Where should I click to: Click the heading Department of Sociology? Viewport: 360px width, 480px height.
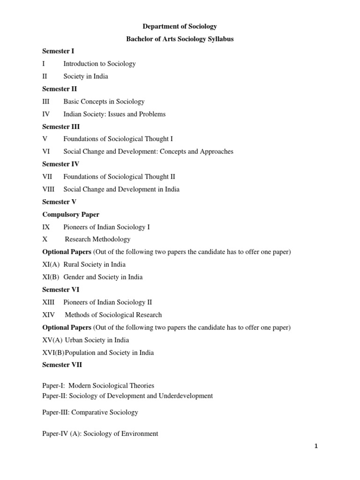tap(180, 27)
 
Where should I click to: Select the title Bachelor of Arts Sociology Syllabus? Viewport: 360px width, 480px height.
tap(180, 39)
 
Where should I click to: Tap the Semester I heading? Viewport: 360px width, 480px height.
tap(58, 51)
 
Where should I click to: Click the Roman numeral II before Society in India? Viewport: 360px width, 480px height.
tap(45, 76)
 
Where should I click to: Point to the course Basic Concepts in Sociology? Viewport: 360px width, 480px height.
tap(104, 101)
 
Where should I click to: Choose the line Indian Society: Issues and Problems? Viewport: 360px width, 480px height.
tap(114, 114)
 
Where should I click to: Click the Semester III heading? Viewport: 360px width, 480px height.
tap(61, 127)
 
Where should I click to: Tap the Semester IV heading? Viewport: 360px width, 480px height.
tap(61, 164)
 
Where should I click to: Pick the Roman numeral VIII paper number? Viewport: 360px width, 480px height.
tap(48, 189)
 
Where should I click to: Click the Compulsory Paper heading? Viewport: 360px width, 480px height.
tap(71, 215)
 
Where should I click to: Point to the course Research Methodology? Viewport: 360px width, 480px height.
tap(97, 240)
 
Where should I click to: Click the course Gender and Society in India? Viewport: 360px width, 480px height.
tap(103, 277)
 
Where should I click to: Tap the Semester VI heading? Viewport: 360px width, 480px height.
tap(61, 290)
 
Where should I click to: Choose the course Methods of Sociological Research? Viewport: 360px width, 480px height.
tap(113, 315)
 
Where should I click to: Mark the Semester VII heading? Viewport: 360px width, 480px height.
tap(62, 365)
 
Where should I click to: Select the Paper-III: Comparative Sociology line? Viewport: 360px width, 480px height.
tap(90, 412)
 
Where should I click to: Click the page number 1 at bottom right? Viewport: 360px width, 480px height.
tap(316, 446)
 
